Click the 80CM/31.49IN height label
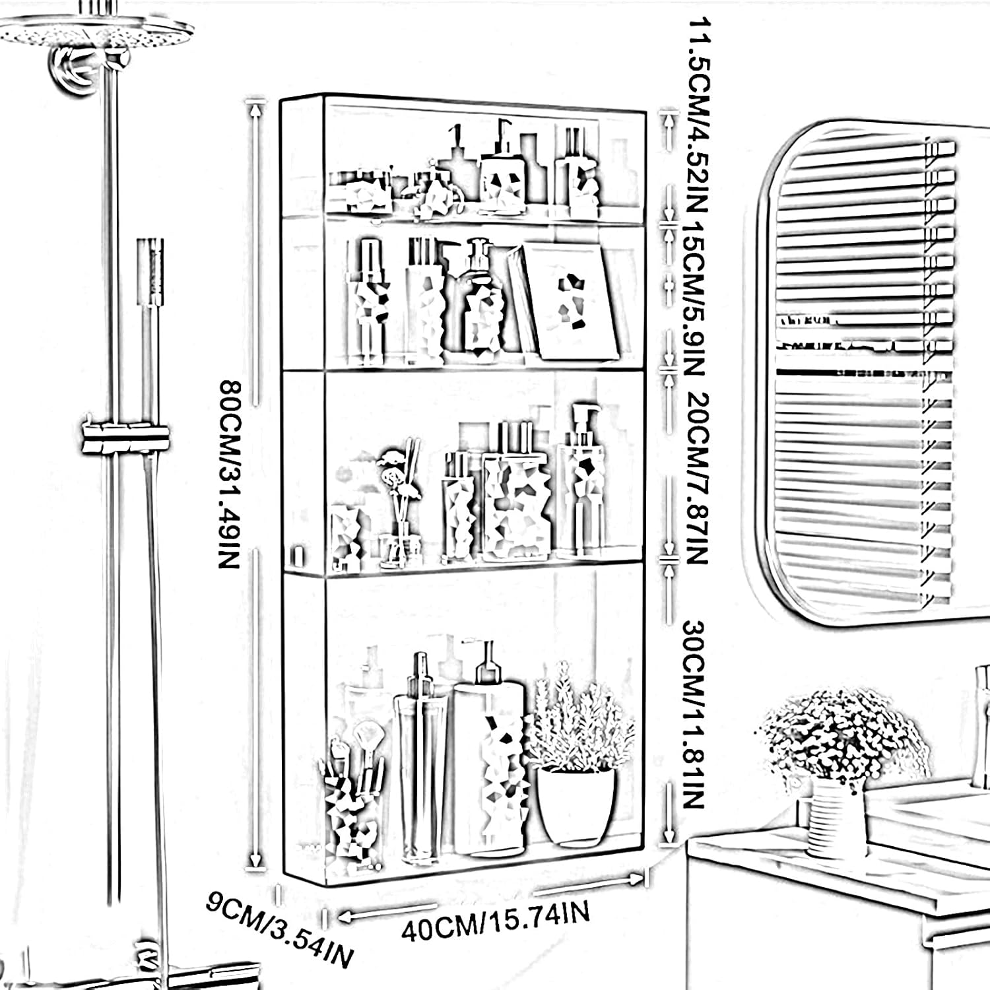[228, 474]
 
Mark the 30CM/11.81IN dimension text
[693, 713]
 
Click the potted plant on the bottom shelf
[577, 759]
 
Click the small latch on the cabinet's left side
[298, 555]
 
